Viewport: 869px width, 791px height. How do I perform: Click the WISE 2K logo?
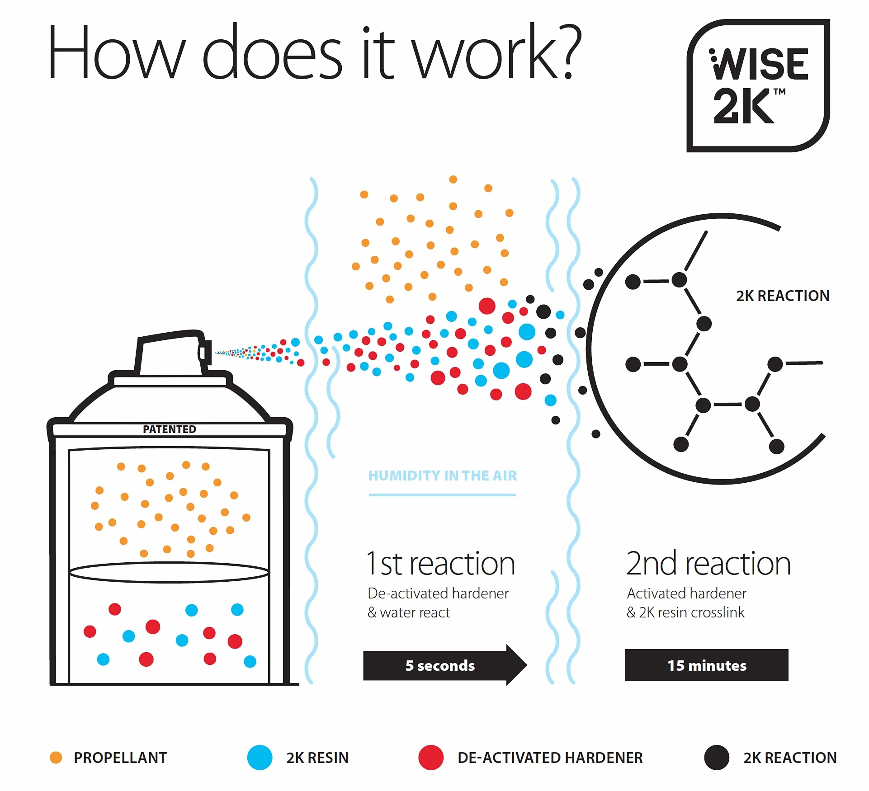[x=758, y=85]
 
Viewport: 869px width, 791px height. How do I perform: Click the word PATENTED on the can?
[x=170, y=429]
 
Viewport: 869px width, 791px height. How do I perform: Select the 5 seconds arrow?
[x=445, y=665]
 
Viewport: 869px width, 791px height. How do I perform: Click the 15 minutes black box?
[x=706, y=665]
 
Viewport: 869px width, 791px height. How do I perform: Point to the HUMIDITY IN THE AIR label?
[x=442, y=476]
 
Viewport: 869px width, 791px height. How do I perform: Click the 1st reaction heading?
[x=440, y=564]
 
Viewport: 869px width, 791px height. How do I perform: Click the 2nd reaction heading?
[x=708, y=564]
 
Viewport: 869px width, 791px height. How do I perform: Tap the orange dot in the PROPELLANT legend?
[x=56, y=758]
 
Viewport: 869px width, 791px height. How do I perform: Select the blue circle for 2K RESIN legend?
[x=260, y=758]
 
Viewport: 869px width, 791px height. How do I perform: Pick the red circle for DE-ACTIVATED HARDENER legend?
[x=431, y=758]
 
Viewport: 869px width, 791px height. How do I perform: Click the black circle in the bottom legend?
[x=717, y=758]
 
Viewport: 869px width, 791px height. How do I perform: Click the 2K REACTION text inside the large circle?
[x=783, y=296]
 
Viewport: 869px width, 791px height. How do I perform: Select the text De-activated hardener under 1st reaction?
[x=438, y=593]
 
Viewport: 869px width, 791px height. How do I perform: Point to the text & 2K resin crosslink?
[x=685, y=612]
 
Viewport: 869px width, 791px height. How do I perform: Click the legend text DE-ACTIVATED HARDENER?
[x=550, y=758]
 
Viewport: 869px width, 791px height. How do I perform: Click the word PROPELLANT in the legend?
[x=120, y=758]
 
